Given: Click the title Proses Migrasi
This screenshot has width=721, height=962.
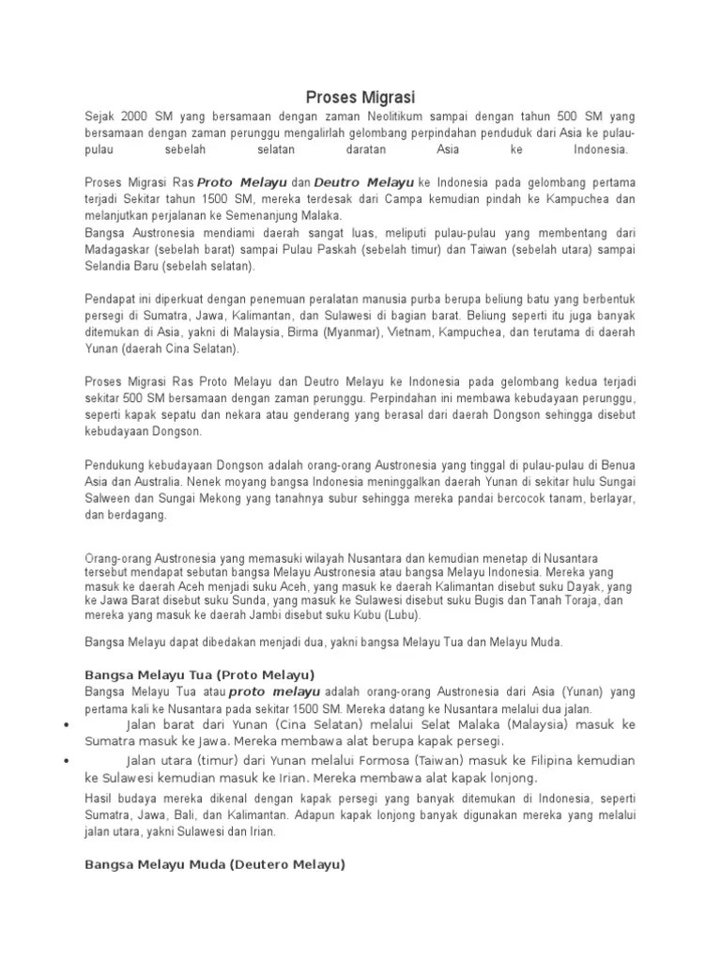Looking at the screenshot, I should [361, 97].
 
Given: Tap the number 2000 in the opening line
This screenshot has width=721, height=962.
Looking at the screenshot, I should [139, 116].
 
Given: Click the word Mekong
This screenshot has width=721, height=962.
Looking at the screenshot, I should [229, 498].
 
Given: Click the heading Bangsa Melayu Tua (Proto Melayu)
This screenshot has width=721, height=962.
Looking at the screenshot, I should [199, 675].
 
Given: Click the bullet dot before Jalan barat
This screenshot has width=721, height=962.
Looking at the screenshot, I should [65, 725].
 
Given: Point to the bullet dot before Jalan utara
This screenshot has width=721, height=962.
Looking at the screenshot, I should [65, 761].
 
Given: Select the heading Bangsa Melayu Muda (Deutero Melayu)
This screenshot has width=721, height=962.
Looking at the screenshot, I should [215, 863].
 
